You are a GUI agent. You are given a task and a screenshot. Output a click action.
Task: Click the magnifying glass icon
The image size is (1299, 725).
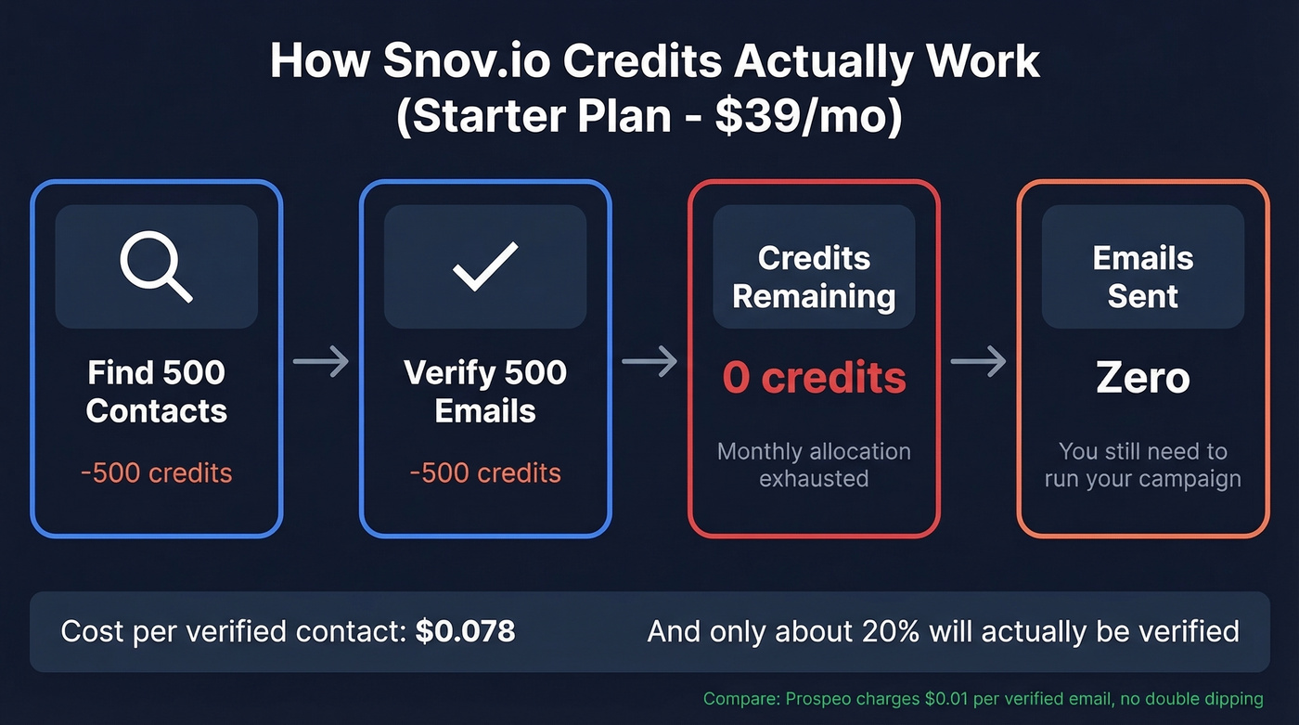point(156,266)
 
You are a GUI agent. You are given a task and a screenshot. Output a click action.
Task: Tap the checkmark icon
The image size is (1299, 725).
point(484,266)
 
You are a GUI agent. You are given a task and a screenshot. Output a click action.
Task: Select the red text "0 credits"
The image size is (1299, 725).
point(814,378)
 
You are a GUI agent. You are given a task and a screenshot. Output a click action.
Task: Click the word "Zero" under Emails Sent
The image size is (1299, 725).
point(1142,378)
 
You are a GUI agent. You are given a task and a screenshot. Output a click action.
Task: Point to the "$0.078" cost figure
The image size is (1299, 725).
point(465,632)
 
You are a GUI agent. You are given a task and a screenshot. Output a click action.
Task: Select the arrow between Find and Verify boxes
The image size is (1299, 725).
point(321,361)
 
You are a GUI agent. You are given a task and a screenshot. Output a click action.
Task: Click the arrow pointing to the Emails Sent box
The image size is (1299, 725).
point(979,361)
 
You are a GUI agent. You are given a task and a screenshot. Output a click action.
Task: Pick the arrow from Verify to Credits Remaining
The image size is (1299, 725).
point(649,361)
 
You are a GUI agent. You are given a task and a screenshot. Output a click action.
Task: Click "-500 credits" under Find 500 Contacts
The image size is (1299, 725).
point(156,473)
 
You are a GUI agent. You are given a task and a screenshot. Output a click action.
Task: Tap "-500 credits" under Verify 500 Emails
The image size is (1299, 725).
point(484,473)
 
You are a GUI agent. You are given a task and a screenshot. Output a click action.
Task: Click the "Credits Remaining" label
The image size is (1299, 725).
point(814,277)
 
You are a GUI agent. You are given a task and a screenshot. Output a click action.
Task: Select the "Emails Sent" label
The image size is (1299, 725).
point(1142,277)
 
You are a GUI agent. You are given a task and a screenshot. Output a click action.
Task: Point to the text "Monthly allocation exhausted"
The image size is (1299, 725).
point(814,465)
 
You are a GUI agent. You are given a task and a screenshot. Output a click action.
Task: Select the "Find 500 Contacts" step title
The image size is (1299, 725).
point(156,392)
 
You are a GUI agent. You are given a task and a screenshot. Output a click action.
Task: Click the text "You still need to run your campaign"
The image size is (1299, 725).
point(1142,465)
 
